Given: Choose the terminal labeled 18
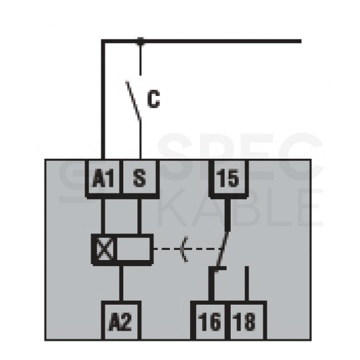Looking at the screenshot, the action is coord(246,321).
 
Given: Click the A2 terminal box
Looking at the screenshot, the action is coord(121,321).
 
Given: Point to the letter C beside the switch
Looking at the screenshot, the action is coord(153,99).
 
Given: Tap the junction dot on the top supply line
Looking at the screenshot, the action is coord(140,41).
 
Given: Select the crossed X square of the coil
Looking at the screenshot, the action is coord(105,249).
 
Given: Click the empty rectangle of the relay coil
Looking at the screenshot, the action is coord(133,249).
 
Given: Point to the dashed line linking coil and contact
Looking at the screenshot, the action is coord(187,249).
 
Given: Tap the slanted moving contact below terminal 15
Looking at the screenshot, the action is coord(222,249).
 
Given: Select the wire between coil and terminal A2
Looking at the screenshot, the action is coord(121,283).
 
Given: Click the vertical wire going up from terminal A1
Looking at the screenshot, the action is coord(103,100).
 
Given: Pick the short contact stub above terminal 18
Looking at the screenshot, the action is coord(247,284).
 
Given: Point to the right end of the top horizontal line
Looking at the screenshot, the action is coord(301,41).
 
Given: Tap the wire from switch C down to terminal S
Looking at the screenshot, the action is coord(140,139).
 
